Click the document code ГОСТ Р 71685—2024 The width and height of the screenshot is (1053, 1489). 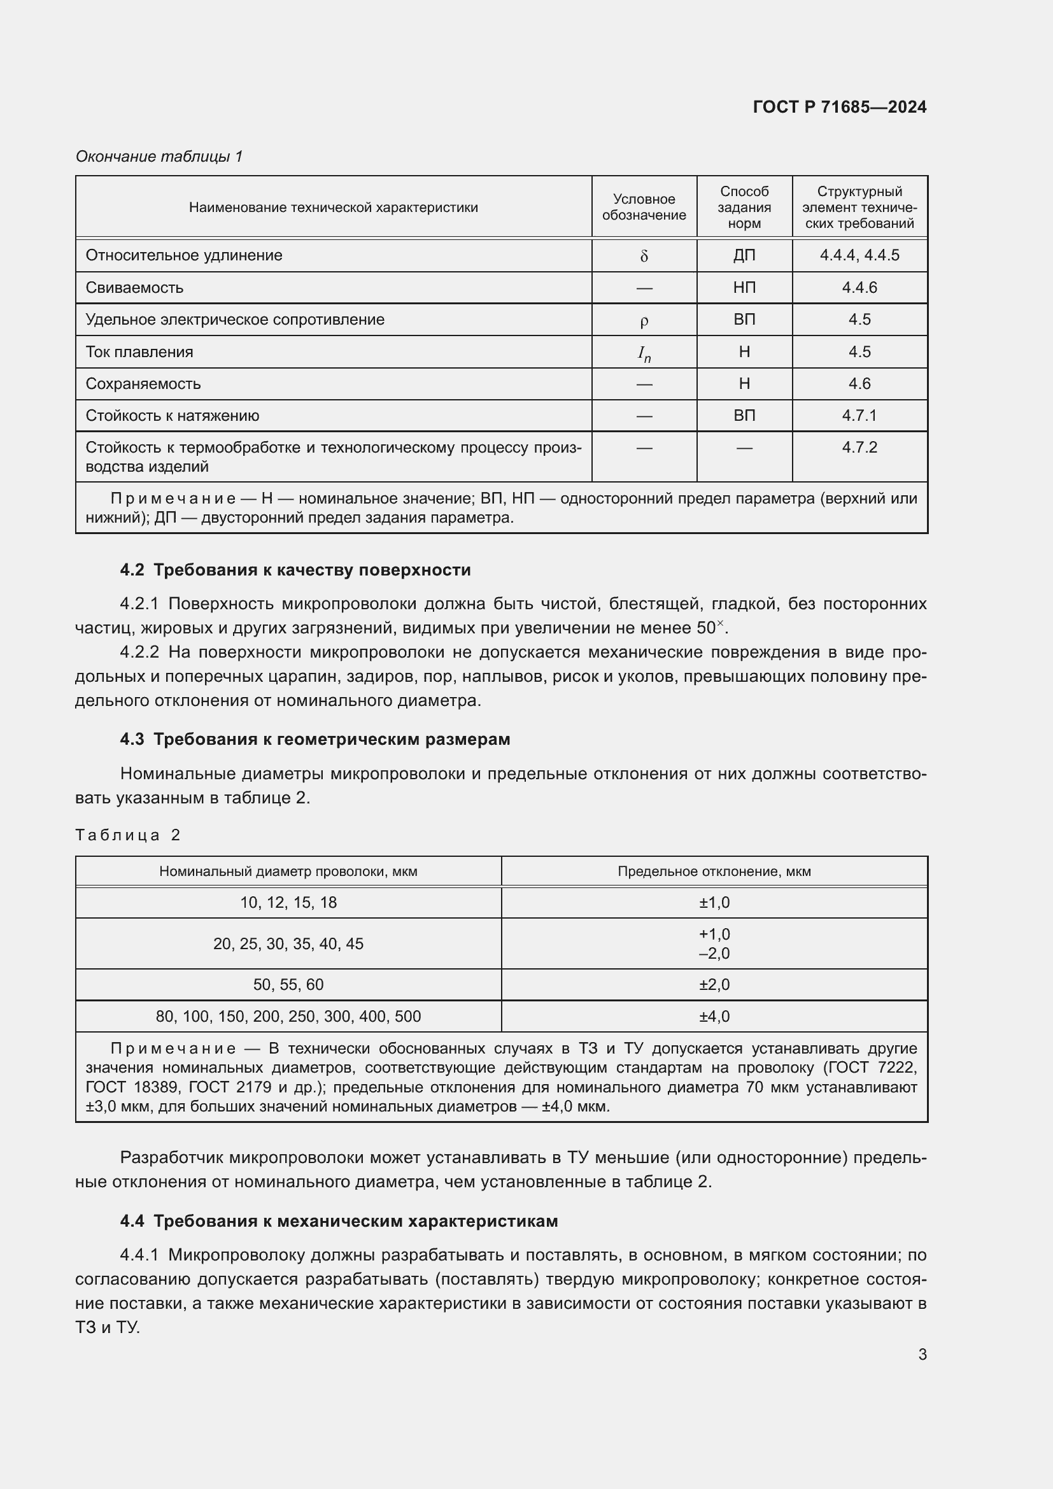point(839,107)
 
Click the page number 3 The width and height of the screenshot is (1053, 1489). point(922,1354)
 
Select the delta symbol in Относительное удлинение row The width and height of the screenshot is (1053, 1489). point(644,256)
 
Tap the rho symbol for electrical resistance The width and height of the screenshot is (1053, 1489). point(644,320)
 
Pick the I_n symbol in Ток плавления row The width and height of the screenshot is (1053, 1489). point(644,353)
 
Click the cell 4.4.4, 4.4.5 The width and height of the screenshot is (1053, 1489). point(859,255)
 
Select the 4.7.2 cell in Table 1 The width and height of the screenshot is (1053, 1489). point(859,448)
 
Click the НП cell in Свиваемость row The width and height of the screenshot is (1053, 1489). point(744,287)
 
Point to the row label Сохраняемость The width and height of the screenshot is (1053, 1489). point(143,384)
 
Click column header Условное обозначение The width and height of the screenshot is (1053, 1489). point(644,207)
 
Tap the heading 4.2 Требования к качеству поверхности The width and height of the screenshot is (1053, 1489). point(295,570)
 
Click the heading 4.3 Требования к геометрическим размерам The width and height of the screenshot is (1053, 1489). point(314,739)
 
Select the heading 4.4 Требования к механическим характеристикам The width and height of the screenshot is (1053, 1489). point(339,1221)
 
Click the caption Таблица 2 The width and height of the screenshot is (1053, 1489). point(128,835)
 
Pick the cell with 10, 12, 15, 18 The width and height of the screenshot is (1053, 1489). point(288,903)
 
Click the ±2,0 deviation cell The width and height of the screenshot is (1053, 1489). point(714,984)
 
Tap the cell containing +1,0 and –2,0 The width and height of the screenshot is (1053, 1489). point(714,943)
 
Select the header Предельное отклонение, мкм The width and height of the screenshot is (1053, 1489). point(714,872)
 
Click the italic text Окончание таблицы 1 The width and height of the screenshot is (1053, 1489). point(159,157)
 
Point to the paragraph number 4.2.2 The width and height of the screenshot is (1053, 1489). point(139,652)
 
